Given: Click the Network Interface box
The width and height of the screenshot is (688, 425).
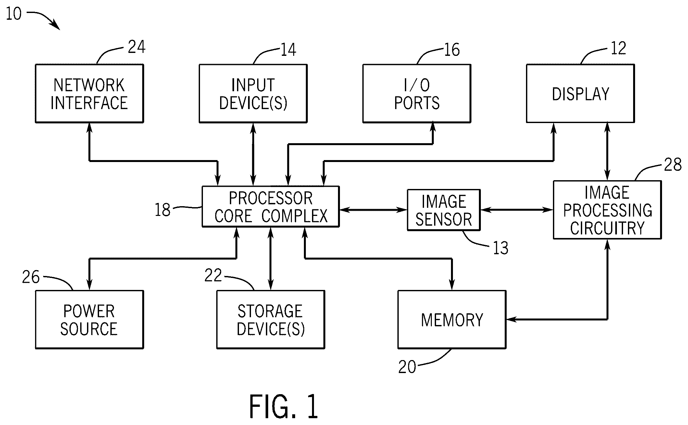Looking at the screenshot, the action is point(89,94).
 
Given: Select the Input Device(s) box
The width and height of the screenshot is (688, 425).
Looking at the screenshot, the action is point(253,94).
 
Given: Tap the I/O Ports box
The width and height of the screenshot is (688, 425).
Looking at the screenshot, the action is point(417,94).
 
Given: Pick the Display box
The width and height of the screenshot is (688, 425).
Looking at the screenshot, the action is point(580,94).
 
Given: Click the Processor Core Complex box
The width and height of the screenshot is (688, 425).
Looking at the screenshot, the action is point(270,206).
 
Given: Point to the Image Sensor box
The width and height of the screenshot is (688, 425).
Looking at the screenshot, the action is point(444,210).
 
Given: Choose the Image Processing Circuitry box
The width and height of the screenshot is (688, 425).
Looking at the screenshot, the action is point(607,210).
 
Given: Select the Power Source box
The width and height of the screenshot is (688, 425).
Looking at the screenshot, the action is point(89,320).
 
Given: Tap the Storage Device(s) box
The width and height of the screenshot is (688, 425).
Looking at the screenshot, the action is point(270,320).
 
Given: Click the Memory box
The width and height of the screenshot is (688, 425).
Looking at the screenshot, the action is point(452,320).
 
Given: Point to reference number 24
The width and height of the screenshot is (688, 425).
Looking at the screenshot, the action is point(137,47).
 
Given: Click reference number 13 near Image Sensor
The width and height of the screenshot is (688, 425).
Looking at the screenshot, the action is point(500,248).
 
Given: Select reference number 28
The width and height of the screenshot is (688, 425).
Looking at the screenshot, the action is point(672,165).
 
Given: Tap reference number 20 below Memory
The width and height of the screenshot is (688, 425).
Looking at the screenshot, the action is point(407,367).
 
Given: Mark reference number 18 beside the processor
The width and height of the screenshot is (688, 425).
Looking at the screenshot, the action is point(163,210).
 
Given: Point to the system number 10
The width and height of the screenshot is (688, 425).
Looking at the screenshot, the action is point(14,14).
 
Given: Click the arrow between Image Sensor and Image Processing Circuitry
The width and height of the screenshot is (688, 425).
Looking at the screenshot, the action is point(517,210).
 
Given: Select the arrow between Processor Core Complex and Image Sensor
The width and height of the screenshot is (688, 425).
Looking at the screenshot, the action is point(373,210).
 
